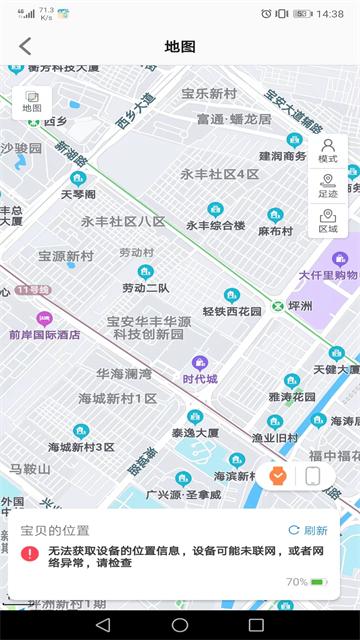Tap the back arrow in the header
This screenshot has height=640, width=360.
pos(25,46)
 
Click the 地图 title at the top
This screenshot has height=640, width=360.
pos(180,46)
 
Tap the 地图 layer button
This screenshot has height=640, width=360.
pos(32,100)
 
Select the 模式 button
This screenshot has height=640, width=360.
pos(327,150)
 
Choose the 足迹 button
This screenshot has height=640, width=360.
pos(327,185)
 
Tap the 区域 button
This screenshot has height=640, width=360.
pos(327,220)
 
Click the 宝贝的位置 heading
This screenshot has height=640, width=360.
pos(55,530)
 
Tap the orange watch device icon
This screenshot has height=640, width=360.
pos(278,476)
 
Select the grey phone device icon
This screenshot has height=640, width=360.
pos(312,476)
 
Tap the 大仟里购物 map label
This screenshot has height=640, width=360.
pos(328,274)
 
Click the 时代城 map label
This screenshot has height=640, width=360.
pos(200,379)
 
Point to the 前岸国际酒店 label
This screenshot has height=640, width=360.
pos(44,334)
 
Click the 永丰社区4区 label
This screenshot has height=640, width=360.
pos(219,174)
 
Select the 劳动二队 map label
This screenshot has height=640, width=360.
pos(145,287)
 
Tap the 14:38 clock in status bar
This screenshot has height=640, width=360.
pos(329,14)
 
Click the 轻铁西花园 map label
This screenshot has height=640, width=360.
pos(232,310)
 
